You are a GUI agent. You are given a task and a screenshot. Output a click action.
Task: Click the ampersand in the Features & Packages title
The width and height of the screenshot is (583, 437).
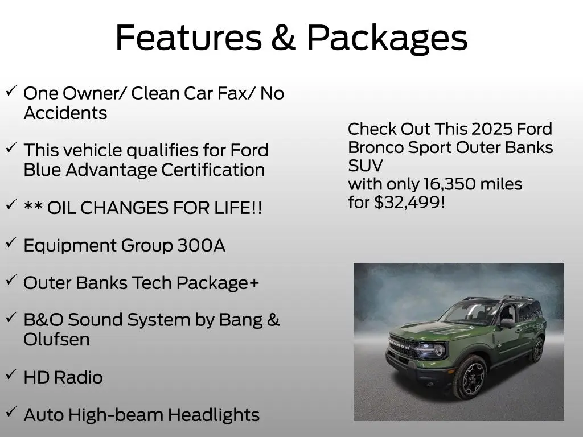284,38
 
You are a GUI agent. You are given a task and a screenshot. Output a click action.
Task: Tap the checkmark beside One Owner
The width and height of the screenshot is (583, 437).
11,90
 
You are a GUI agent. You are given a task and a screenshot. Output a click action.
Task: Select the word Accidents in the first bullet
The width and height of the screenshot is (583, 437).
65,113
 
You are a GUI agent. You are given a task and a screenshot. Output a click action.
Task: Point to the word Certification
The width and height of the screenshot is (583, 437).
213,170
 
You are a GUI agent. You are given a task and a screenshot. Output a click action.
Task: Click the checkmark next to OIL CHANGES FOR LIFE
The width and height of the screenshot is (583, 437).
11,204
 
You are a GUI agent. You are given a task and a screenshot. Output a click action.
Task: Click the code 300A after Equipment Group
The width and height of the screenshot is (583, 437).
201,245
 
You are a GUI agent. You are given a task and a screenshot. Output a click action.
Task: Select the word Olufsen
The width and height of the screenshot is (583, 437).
56,340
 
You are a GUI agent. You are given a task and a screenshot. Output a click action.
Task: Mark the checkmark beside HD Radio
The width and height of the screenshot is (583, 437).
11,374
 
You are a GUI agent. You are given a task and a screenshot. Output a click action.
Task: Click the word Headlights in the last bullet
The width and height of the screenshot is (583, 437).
214,415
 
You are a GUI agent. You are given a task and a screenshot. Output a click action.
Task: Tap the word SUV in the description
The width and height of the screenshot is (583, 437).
365,166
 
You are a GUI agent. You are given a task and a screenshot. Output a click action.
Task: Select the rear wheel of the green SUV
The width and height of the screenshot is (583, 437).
537,350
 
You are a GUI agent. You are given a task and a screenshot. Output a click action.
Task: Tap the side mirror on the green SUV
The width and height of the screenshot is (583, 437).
506,323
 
